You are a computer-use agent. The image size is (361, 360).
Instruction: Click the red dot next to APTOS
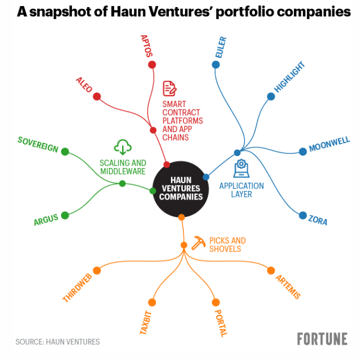point(152,65)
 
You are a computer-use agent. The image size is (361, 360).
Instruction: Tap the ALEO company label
point(84,85)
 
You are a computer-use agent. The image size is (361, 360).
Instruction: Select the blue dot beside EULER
point(216,65)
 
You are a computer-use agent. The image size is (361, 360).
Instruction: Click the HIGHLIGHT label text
point(290,77)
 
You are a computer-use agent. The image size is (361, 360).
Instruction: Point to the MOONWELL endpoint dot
point(303,152)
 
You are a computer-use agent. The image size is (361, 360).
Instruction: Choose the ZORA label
point(318,220)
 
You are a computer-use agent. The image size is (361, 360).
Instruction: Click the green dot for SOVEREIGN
point(65,152)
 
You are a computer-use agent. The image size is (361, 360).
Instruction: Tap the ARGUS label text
point(46,220)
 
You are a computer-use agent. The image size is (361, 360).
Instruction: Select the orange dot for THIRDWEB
point(97,270)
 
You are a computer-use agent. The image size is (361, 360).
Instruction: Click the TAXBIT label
point(146,322)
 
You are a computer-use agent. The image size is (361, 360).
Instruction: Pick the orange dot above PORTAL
point(216,302)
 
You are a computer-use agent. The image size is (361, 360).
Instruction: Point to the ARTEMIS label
point(288,287)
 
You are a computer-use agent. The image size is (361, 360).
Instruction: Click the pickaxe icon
point(198,243)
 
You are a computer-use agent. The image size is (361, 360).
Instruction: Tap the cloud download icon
point(123,147)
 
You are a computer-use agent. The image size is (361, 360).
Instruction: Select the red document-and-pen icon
point(170,88)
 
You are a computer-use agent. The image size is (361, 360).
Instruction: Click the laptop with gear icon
point(241,168)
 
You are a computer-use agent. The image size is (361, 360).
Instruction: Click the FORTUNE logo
point(322,339)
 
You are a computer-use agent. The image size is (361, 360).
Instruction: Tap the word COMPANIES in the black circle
point(181,197)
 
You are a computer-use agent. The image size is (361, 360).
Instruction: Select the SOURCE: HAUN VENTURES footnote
point(58,342)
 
